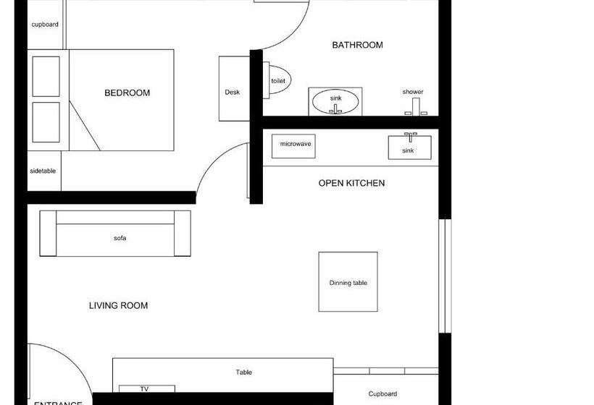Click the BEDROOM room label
point(127,93)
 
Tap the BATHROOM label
point(357,45)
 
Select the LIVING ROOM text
point(118,306)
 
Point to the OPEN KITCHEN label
point(351,183)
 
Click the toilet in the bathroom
point(279,81)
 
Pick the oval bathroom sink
point(335,102)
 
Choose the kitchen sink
point(409,148)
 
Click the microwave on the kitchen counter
point(296,145)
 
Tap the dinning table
point(348,282)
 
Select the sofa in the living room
point(116,237)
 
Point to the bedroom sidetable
point(43,172)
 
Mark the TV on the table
point(144,389)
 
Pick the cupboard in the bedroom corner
point(45,25)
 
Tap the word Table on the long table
point(244,372)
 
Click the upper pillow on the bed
point(46,76)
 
